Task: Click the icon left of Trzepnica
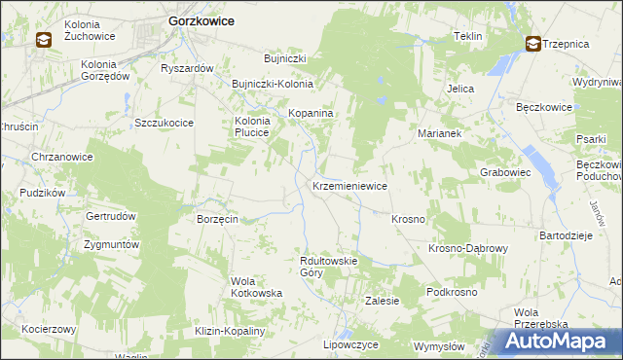tap(533, 43)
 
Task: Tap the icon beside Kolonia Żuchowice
tap(45, 40)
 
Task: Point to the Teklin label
tap(468, 36)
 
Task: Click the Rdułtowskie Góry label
tap(330, 267)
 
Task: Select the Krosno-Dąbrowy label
tap(468, 248)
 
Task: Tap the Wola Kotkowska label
tap(256, 287)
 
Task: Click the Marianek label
tap(438, 132)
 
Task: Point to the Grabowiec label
tap(504, 171)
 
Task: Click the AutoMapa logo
tap(558, 342)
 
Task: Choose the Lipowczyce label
tap(350, 344)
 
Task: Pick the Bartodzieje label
tap(566, 235)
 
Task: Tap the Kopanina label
tap(311, 114)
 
